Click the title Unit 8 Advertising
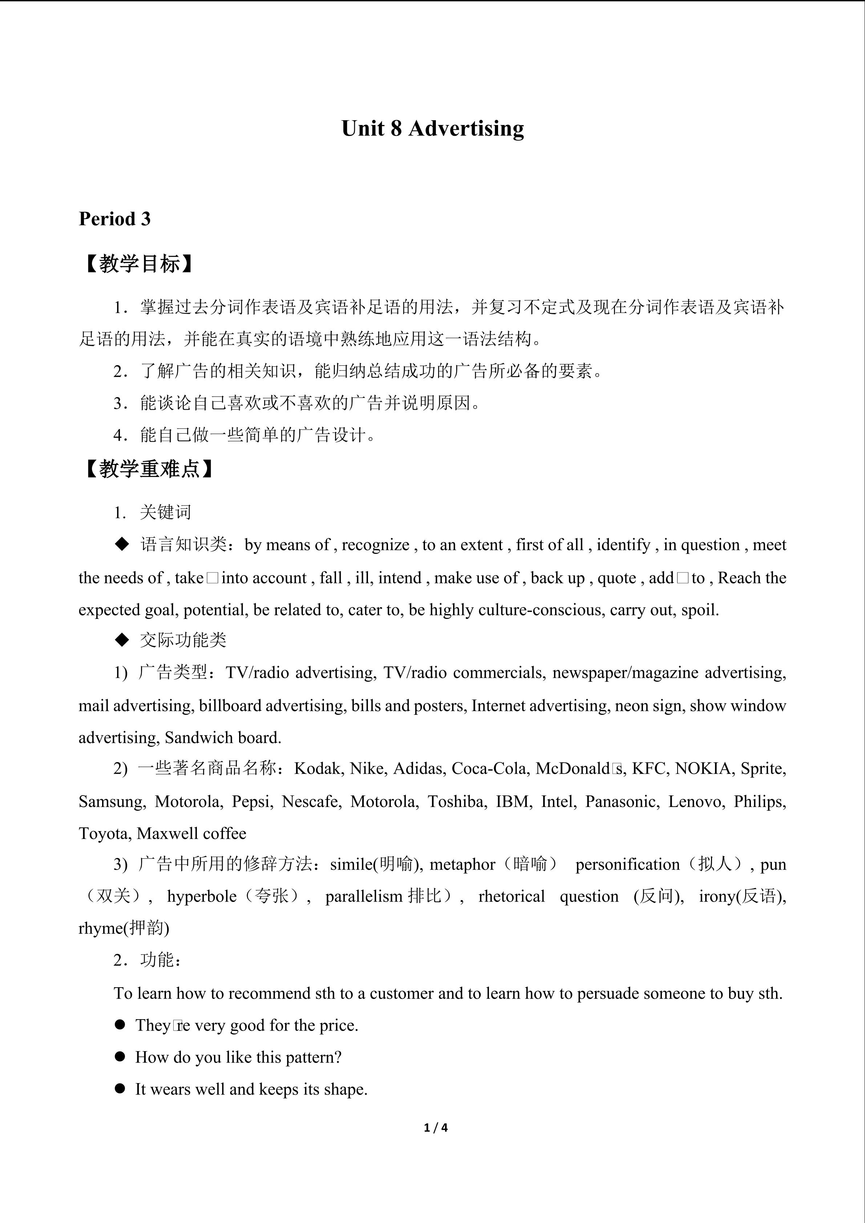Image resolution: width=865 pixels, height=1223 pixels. click(x=432, y=128)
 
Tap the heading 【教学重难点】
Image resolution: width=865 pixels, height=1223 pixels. click(x=150, y=469)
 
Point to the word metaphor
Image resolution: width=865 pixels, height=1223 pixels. click(x=462, y=864)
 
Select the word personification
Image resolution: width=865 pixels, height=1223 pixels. click(x=627, y=864)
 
